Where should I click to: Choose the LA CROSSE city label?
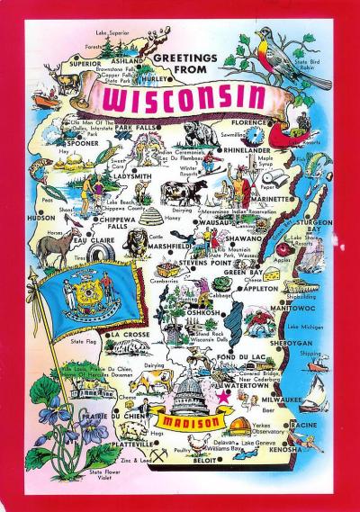click(129, 335)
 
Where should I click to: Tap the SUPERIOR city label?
click(85, 64)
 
